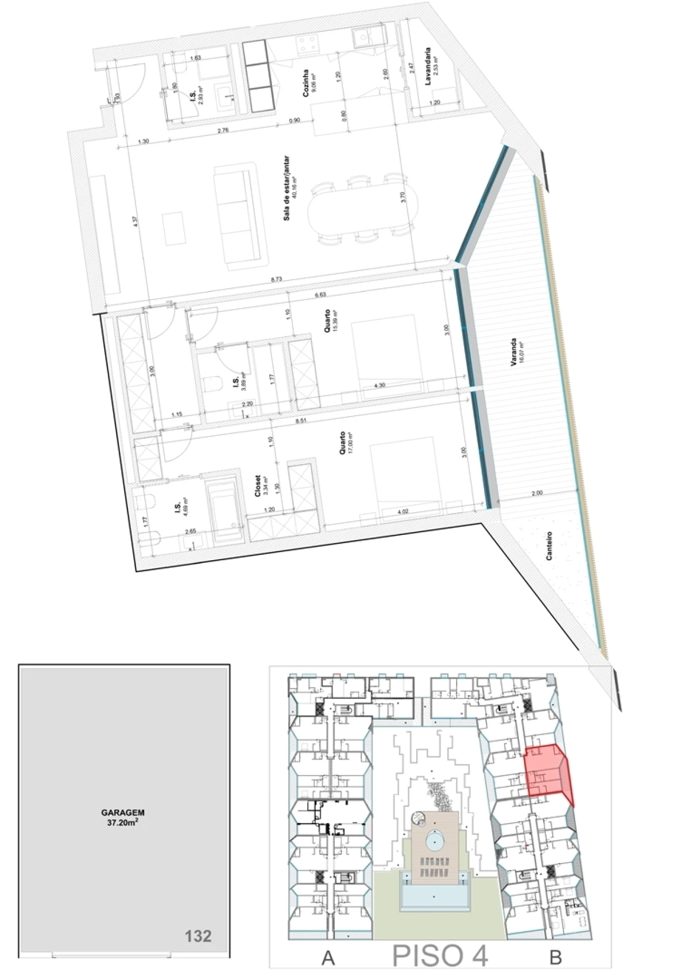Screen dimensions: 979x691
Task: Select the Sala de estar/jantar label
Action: coord(288,188)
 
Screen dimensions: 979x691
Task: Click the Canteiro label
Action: coord(550,546)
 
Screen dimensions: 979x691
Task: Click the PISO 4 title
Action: coord(440,954)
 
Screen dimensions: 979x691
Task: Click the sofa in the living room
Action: coord(240,216)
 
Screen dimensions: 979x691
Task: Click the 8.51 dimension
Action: coord(301,420)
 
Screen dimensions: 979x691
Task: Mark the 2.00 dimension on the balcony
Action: coord(537,493)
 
